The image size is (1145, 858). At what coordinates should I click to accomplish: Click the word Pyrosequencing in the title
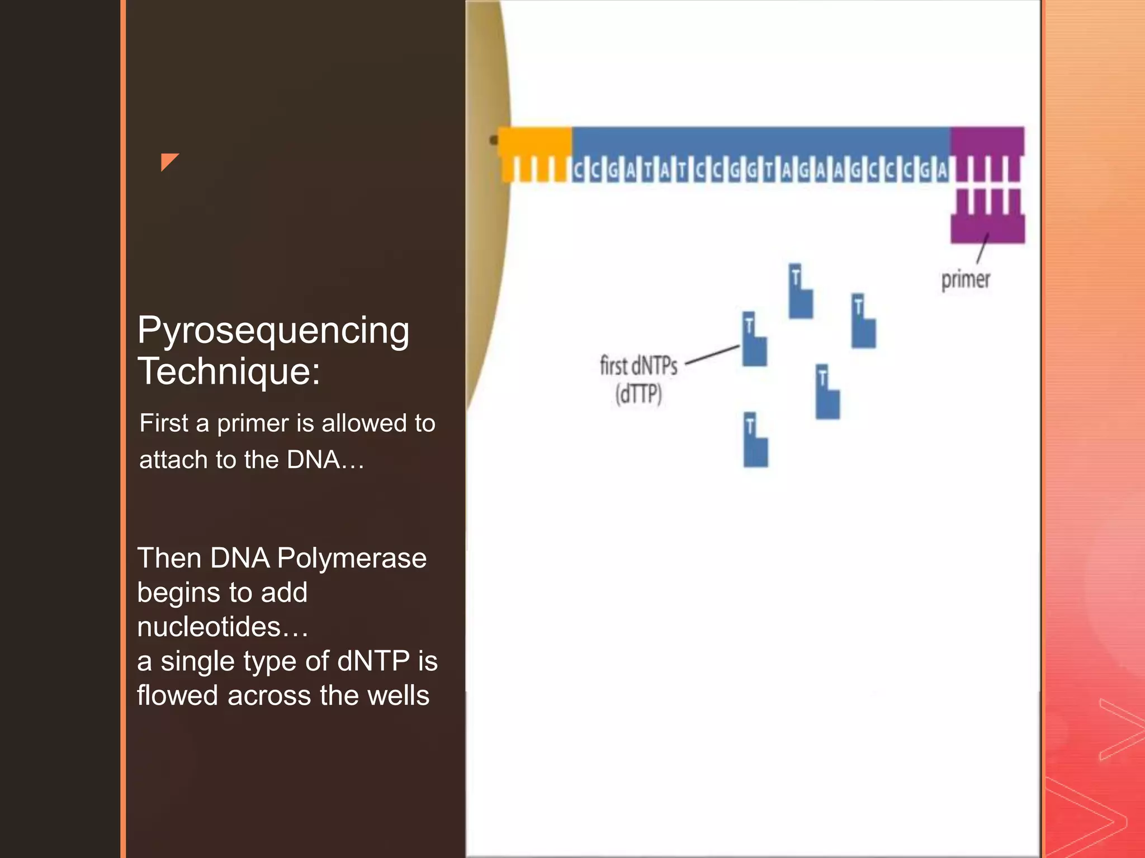pyautogui.click(x=273, y=331)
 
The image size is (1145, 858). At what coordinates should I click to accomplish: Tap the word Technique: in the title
pyautogui.click(x=229, y=371)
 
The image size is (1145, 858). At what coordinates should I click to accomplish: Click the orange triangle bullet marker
pyautogui.click(x=168, y=161)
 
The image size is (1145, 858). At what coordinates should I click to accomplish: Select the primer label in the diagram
pyautogui.click(x=966, y=280)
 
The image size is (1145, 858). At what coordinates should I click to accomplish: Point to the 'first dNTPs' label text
pyautogui.click(x=638, y=366)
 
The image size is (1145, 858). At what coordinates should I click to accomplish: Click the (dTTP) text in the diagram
pyautogui.click(x=638, y=394)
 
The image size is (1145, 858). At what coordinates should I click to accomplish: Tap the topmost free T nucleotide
pyautogui.click(x=800, y=291)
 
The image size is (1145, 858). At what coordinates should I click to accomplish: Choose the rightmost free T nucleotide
pyautogui.click(x=863, y=321)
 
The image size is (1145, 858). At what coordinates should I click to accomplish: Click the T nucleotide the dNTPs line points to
pyautogui.click(x=754, y=339)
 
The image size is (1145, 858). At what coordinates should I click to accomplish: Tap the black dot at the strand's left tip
pyautogui.click(x=494, y=140)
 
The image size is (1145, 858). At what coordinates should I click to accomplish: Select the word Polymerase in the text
pyautogui.click(x=352, y=558)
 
